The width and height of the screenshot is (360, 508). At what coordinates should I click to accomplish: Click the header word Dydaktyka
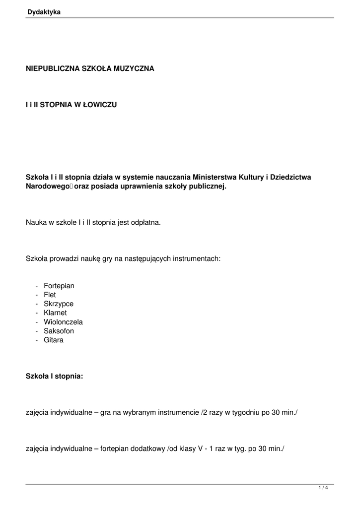(x=44, y=12)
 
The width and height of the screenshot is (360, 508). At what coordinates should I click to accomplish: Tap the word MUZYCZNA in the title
(x=134, y=68)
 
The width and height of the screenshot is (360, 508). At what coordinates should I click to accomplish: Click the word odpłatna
(x=145, y=223)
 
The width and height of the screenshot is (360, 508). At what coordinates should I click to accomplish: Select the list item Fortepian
(x=59, y=286)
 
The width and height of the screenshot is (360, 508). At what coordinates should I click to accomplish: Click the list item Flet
(x=50, y=295)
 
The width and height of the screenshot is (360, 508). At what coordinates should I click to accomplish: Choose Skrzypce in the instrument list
(x=59, y=304)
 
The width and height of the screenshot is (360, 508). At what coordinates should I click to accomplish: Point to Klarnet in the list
(x=55, y=313)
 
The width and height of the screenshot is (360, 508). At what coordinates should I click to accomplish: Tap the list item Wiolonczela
(x=63, y=322)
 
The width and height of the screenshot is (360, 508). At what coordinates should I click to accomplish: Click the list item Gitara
(x=54, y=340)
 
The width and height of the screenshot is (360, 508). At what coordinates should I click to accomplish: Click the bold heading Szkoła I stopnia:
(x=55, y=377)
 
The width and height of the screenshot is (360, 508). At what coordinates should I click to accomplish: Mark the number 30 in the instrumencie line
(x=276, y=413)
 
